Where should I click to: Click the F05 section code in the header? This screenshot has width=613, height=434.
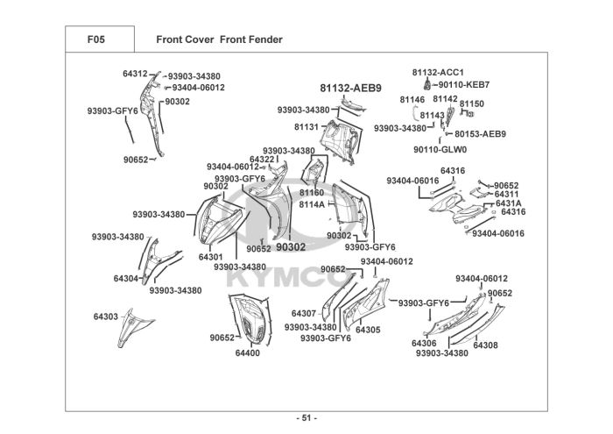click(x=95, y=39)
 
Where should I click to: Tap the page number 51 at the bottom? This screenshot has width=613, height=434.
click(x=306, y=418)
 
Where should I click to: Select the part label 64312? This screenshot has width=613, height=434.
click(x=135, y=74)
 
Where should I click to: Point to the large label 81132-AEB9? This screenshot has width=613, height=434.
click(x=350, y=89)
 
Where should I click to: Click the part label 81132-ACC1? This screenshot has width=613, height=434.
click(x=438, y=73)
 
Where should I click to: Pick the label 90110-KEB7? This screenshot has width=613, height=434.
click(x=463, y=84)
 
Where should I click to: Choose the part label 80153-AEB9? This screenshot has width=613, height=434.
click(x=480, y=134)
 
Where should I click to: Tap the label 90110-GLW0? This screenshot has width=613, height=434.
click(x=440, y=150)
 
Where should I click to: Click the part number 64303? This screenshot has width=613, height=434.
click(x=106, y=317)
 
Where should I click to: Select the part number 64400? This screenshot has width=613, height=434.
click(x=248, y=353)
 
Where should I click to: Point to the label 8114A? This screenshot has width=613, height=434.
click(x=312, y=204)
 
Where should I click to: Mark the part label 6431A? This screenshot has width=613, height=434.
click(x=508, y=203)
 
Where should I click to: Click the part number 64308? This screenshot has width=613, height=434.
click(x=485, y=345)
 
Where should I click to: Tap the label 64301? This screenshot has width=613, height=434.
click(x=211, y=257)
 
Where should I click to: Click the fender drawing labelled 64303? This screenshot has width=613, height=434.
click(x=135, y=328)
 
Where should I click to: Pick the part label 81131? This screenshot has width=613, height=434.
click(x=306, y=127)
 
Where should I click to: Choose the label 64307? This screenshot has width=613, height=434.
click(x=304, y=314)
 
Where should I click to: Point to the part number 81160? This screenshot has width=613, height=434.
click(x=312, y=193)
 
